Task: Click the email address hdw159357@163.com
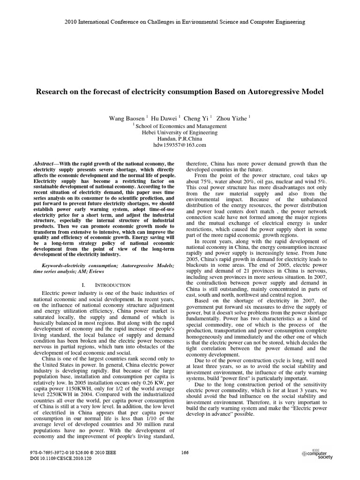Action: coord(180,145)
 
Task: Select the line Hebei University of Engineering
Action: coord(180,133)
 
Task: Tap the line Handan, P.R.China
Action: coord(180,139)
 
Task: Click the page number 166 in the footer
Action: coord(184,452)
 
